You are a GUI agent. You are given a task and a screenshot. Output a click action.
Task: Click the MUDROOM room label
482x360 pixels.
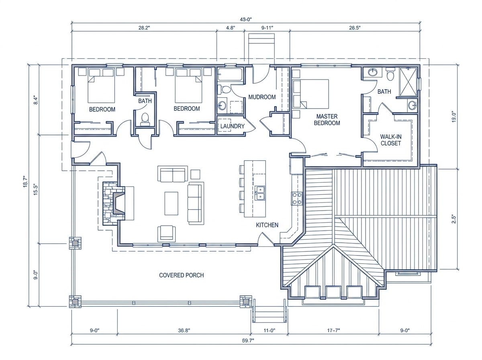[x=262, y=97]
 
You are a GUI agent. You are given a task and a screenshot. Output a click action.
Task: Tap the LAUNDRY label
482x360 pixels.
[x=232, y=126]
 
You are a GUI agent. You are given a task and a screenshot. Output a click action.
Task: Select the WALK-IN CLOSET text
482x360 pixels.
[x=391, y=140]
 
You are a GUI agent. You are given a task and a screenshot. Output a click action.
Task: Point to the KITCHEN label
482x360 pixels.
[x=267, y=225]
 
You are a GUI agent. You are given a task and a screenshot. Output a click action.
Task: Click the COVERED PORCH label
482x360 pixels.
[x=182, y=275]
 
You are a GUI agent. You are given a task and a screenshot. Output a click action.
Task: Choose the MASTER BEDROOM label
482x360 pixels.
[x=327, y=119]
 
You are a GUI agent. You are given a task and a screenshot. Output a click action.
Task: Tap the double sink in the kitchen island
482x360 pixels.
[x=260, y=193]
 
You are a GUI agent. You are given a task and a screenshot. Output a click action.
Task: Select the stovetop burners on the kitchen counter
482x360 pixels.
[x=297, y=198]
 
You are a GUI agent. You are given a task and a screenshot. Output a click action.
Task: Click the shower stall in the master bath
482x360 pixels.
[x=408, y=82]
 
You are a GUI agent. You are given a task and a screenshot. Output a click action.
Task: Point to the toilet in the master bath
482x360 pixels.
[x=390, y=74]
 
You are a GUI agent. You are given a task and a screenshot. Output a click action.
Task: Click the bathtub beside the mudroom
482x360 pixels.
[x=230, y=74]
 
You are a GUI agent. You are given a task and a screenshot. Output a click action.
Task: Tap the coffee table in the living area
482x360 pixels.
[x=171, y=203]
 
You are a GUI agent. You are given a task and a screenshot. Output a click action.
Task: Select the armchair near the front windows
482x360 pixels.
[x=166, y=233]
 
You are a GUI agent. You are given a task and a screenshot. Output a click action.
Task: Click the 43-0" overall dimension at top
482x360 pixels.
[x=246, y=19]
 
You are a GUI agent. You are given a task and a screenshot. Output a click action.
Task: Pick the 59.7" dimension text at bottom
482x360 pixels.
[x=248, y=341]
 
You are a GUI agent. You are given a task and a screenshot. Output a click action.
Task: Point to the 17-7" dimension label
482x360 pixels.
[x=333, y=330]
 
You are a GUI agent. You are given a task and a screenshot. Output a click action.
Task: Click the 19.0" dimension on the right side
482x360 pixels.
[x=454, y=117]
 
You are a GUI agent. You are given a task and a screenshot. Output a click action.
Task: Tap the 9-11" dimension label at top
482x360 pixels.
[x=267, y=28]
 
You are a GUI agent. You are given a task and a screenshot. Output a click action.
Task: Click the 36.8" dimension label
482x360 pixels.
[x=184, y=330]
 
